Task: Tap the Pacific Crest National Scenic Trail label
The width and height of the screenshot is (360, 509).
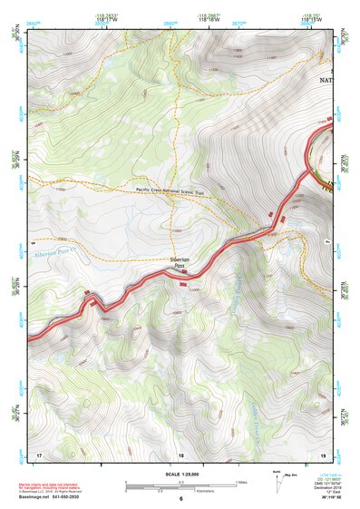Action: click(173, 190)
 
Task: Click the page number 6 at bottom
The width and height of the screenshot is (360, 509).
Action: click(180, 499)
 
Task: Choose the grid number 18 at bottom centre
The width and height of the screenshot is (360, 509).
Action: click(180, 454)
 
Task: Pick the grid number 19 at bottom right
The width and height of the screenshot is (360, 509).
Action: click(323, 454)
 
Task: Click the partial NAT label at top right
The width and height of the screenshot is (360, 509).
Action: click(326, 80)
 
